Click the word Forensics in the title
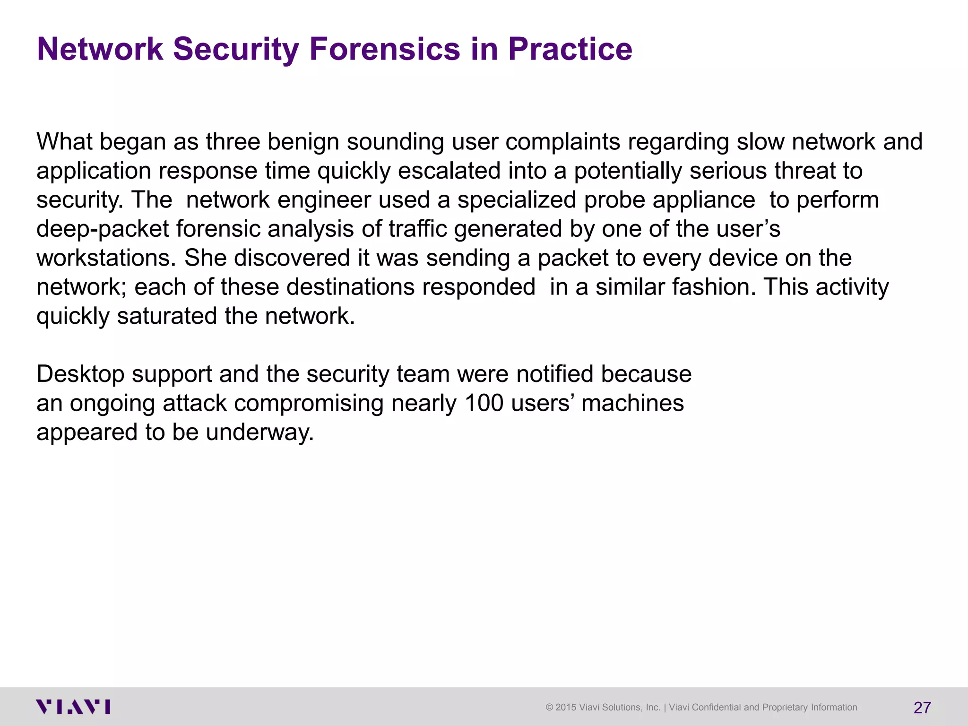pyautogui.click(x=385, y=49)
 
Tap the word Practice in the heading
pyautogui.click(x=570, y=49)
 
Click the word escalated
pyautogui.click(x=449, y=171)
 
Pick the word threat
pyautogui.click(x=805, y=171)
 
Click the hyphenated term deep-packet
pyautogui.click(x=103, y=229)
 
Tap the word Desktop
pyautogui.click(x=80, y=374)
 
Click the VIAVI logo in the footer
pyautogui.click(x=73, y=707)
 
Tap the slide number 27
pyautogui.click(x=922, y=708)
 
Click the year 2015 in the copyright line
pyautogui.click(x=566, y=708)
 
